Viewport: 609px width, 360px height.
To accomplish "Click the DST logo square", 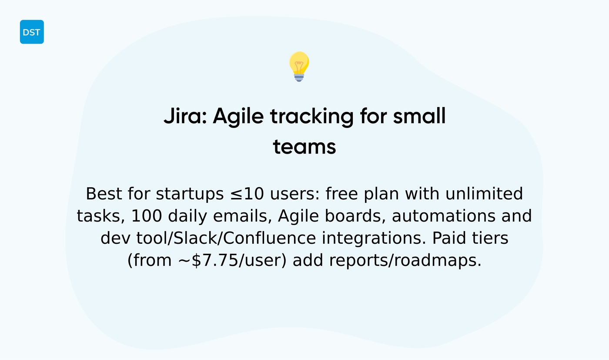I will click(32, 32).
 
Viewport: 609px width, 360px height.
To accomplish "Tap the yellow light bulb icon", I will click(299, 66).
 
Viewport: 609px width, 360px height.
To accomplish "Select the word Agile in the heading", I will click(238, 117).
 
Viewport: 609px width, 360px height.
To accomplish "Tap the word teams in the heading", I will click(304, 147).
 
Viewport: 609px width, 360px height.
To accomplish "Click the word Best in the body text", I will click(104, 194).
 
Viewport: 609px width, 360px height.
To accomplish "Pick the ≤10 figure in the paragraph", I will click(247, 194).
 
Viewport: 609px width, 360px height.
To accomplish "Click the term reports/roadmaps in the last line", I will click(405, 261).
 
